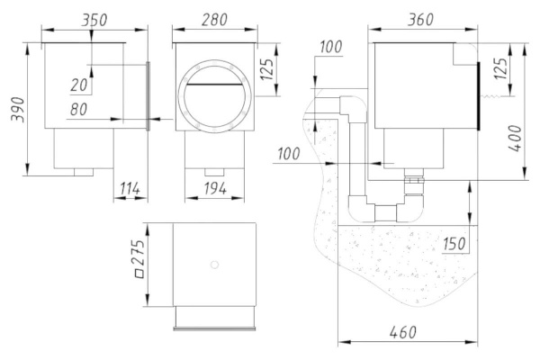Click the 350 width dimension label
click(x=94, y=20)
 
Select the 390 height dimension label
click(x=18, y=110)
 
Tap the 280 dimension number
click(x=214, y=20)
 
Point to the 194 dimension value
click(x=215, y=188)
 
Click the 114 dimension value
click(x=130, y=188)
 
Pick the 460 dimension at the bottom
click(x=402, y=332)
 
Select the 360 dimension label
click(x=420, y=20)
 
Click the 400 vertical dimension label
click(x=516, y=139)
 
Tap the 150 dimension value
click(x=454, y=244)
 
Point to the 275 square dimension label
click(x=139, y=258)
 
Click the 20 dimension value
click(x=79, y=85)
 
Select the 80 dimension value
click(x=78, y=110)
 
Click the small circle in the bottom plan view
click(x=214, y=265)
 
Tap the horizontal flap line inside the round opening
click(x=214, y=84)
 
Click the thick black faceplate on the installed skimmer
click(x=478, y=96)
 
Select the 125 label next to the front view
click(x=268, y=70)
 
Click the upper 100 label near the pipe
click(x=331, y=47)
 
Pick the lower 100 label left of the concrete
click(x=289, y=154)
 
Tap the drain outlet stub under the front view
click(x=214, y=172)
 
